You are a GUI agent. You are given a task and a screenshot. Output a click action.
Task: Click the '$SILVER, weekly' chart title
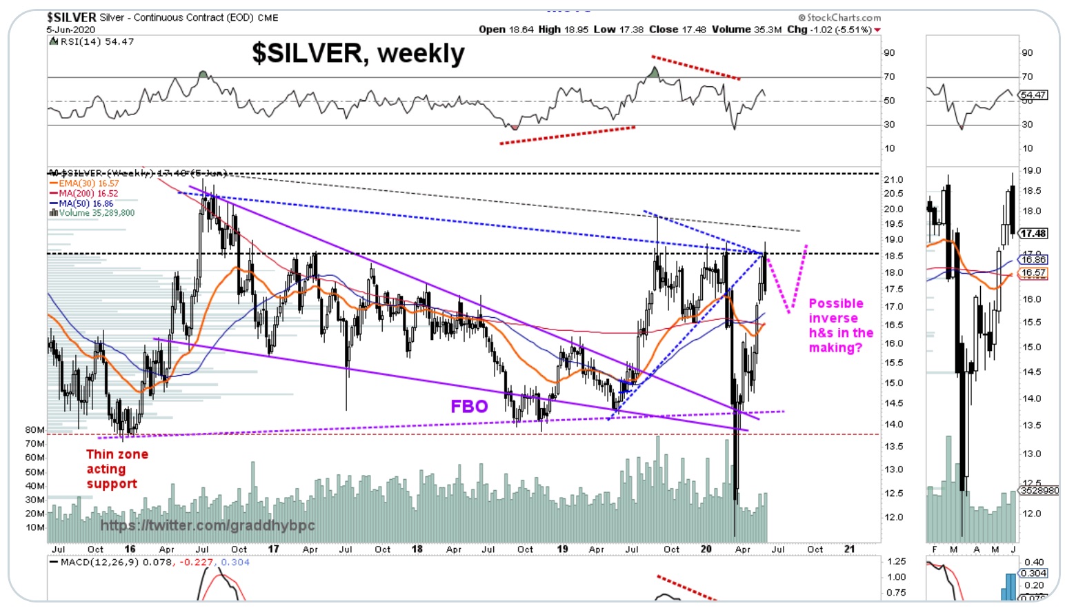(358, 54)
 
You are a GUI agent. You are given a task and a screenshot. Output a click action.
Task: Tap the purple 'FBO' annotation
(469, 407)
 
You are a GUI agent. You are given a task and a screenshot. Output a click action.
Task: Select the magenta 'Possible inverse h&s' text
(839, 325)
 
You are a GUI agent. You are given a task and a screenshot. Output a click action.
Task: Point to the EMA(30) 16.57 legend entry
(84, 183)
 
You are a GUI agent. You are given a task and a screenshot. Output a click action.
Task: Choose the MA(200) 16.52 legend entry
(84, 194)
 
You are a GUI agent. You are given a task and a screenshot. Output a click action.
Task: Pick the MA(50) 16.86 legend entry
(82, 204)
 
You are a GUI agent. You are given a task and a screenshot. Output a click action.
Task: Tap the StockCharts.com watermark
(839, 18)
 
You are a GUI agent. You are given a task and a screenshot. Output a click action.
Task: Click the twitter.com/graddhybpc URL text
(208, 525)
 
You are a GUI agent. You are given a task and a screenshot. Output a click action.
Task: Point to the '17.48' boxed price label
(1033, 234)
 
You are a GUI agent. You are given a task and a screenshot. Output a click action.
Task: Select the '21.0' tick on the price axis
(893, 180)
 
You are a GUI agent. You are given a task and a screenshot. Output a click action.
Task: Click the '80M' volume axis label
(34, 430)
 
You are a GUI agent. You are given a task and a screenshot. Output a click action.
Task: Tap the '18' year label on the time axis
(417, 549)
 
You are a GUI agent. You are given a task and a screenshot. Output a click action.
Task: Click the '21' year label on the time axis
(849, 549)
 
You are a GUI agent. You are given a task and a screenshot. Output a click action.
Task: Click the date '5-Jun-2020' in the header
(71, 30)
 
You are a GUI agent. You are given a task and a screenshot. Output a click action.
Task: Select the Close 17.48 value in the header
(677, 30)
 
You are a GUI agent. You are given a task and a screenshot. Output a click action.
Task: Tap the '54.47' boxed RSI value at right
(1033, 95)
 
